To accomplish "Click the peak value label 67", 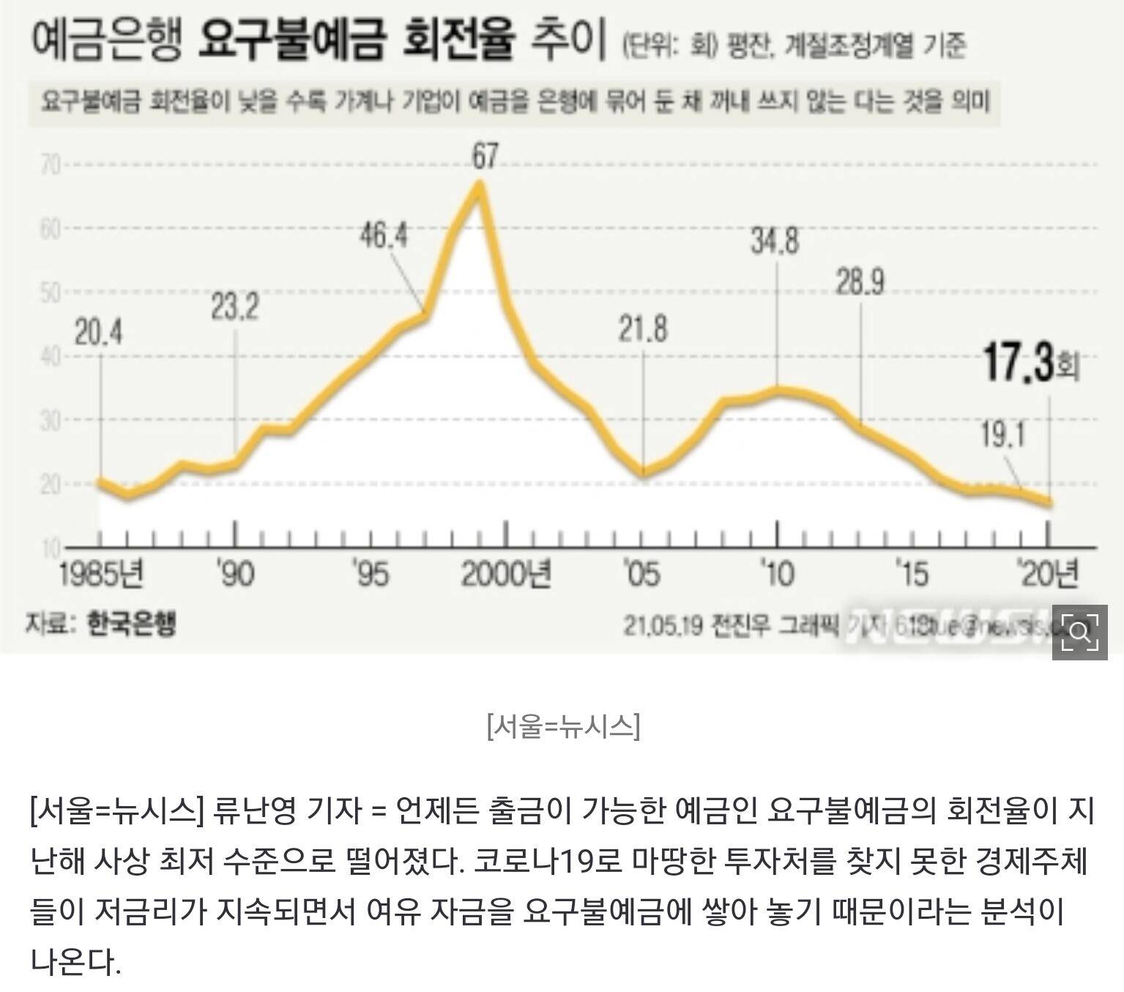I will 484,156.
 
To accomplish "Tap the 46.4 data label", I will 384,236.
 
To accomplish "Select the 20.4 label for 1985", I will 99,334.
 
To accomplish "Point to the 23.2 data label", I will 235,307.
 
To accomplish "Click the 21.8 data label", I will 643,329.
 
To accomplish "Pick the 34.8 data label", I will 775,241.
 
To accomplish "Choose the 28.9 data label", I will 860,282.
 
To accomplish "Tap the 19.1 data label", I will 1002,436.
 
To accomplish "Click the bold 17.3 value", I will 1017,364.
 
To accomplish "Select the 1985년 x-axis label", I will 101,574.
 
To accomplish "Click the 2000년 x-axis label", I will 507,574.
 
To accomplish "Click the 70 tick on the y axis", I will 51,165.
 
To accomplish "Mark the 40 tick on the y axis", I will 51,357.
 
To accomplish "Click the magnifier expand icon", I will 1079,632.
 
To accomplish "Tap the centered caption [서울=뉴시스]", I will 562,726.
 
